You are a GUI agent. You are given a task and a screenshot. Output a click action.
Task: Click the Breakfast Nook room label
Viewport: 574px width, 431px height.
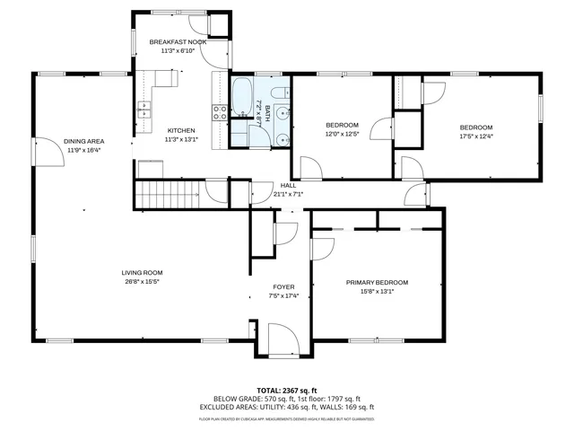pos(178,42)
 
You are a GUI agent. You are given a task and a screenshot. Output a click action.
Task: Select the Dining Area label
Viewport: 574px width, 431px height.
pos(83,142)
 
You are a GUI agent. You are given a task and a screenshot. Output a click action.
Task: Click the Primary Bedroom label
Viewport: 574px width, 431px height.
pos(377,282)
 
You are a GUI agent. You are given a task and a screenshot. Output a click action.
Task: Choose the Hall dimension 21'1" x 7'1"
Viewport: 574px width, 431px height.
pos(287,194)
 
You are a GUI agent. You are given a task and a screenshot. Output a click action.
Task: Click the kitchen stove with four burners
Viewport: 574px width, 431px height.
pos(219,111)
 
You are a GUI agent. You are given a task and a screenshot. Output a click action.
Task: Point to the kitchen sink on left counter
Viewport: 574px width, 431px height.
pos(143,110)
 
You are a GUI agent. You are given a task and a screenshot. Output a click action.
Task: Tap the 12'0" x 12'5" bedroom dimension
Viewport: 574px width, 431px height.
pos(341,135)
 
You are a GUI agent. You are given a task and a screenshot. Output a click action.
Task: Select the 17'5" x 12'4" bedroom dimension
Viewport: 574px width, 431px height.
pos(476,136)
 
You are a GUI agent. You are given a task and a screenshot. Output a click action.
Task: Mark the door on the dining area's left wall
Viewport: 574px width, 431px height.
pos(41,152)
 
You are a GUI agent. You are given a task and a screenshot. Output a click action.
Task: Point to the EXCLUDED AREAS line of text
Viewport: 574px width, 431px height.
pos(287,407)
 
